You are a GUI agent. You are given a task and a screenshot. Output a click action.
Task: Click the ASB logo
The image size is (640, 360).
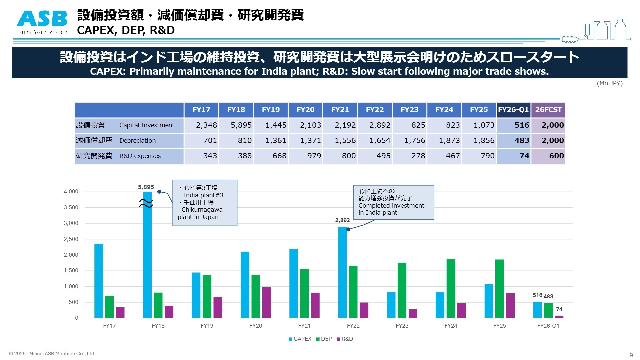[42, 22]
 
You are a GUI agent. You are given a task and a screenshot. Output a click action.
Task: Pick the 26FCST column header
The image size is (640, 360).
[548, 110]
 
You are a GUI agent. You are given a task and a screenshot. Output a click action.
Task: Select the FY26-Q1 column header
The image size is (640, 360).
[513, 110]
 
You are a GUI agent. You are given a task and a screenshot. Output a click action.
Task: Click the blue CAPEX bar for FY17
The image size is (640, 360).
[98, 281]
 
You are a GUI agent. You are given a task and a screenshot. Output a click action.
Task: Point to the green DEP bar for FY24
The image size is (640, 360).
[451, 288]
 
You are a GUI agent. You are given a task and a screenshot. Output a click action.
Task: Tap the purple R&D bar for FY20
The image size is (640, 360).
[266, 302]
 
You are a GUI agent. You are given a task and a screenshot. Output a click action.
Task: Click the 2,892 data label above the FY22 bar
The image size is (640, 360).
[342, 220]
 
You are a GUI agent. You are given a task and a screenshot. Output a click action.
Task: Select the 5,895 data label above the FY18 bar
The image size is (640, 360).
[146, 187]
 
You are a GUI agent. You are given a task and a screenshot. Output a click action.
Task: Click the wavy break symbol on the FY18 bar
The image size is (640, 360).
[146, 203]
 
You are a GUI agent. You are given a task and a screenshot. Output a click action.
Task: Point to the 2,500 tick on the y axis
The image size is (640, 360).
[71, 239]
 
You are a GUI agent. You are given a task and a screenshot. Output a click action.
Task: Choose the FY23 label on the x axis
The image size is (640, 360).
[402, 326]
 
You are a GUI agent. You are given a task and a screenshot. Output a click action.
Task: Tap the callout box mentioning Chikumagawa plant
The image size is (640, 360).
[205, 203]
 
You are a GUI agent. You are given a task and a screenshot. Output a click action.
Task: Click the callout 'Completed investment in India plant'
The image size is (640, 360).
[394, 202]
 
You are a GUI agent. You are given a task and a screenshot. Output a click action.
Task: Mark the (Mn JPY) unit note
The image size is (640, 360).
[609, 83]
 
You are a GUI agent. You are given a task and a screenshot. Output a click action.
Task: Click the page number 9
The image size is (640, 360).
[631, 355]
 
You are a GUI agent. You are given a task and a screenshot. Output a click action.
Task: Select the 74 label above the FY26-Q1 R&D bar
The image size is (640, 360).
[559, 309]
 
